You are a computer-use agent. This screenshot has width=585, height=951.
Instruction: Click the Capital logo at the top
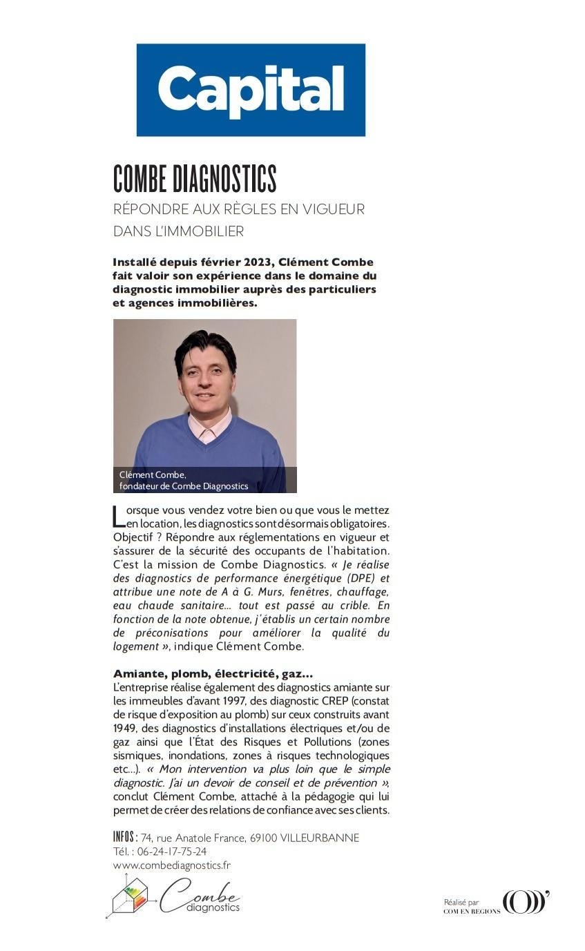click(251, 90)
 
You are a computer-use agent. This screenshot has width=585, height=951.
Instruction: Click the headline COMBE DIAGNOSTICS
click(195, 180)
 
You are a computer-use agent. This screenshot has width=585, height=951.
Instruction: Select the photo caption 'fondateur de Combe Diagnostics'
click(183, 486)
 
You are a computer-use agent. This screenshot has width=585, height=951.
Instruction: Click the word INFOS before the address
click(125, 837)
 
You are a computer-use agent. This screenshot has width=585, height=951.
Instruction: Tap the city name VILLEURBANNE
click(320, 838)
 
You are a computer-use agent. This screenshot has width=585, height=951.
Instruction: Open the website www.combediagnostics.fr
click(172, 865)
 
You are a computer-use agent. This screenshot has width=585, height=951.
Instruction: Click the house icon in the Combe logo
click(130, 896)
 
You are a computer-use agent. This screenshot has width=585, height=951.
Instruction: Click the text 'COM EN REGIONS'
click(472, 911)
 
